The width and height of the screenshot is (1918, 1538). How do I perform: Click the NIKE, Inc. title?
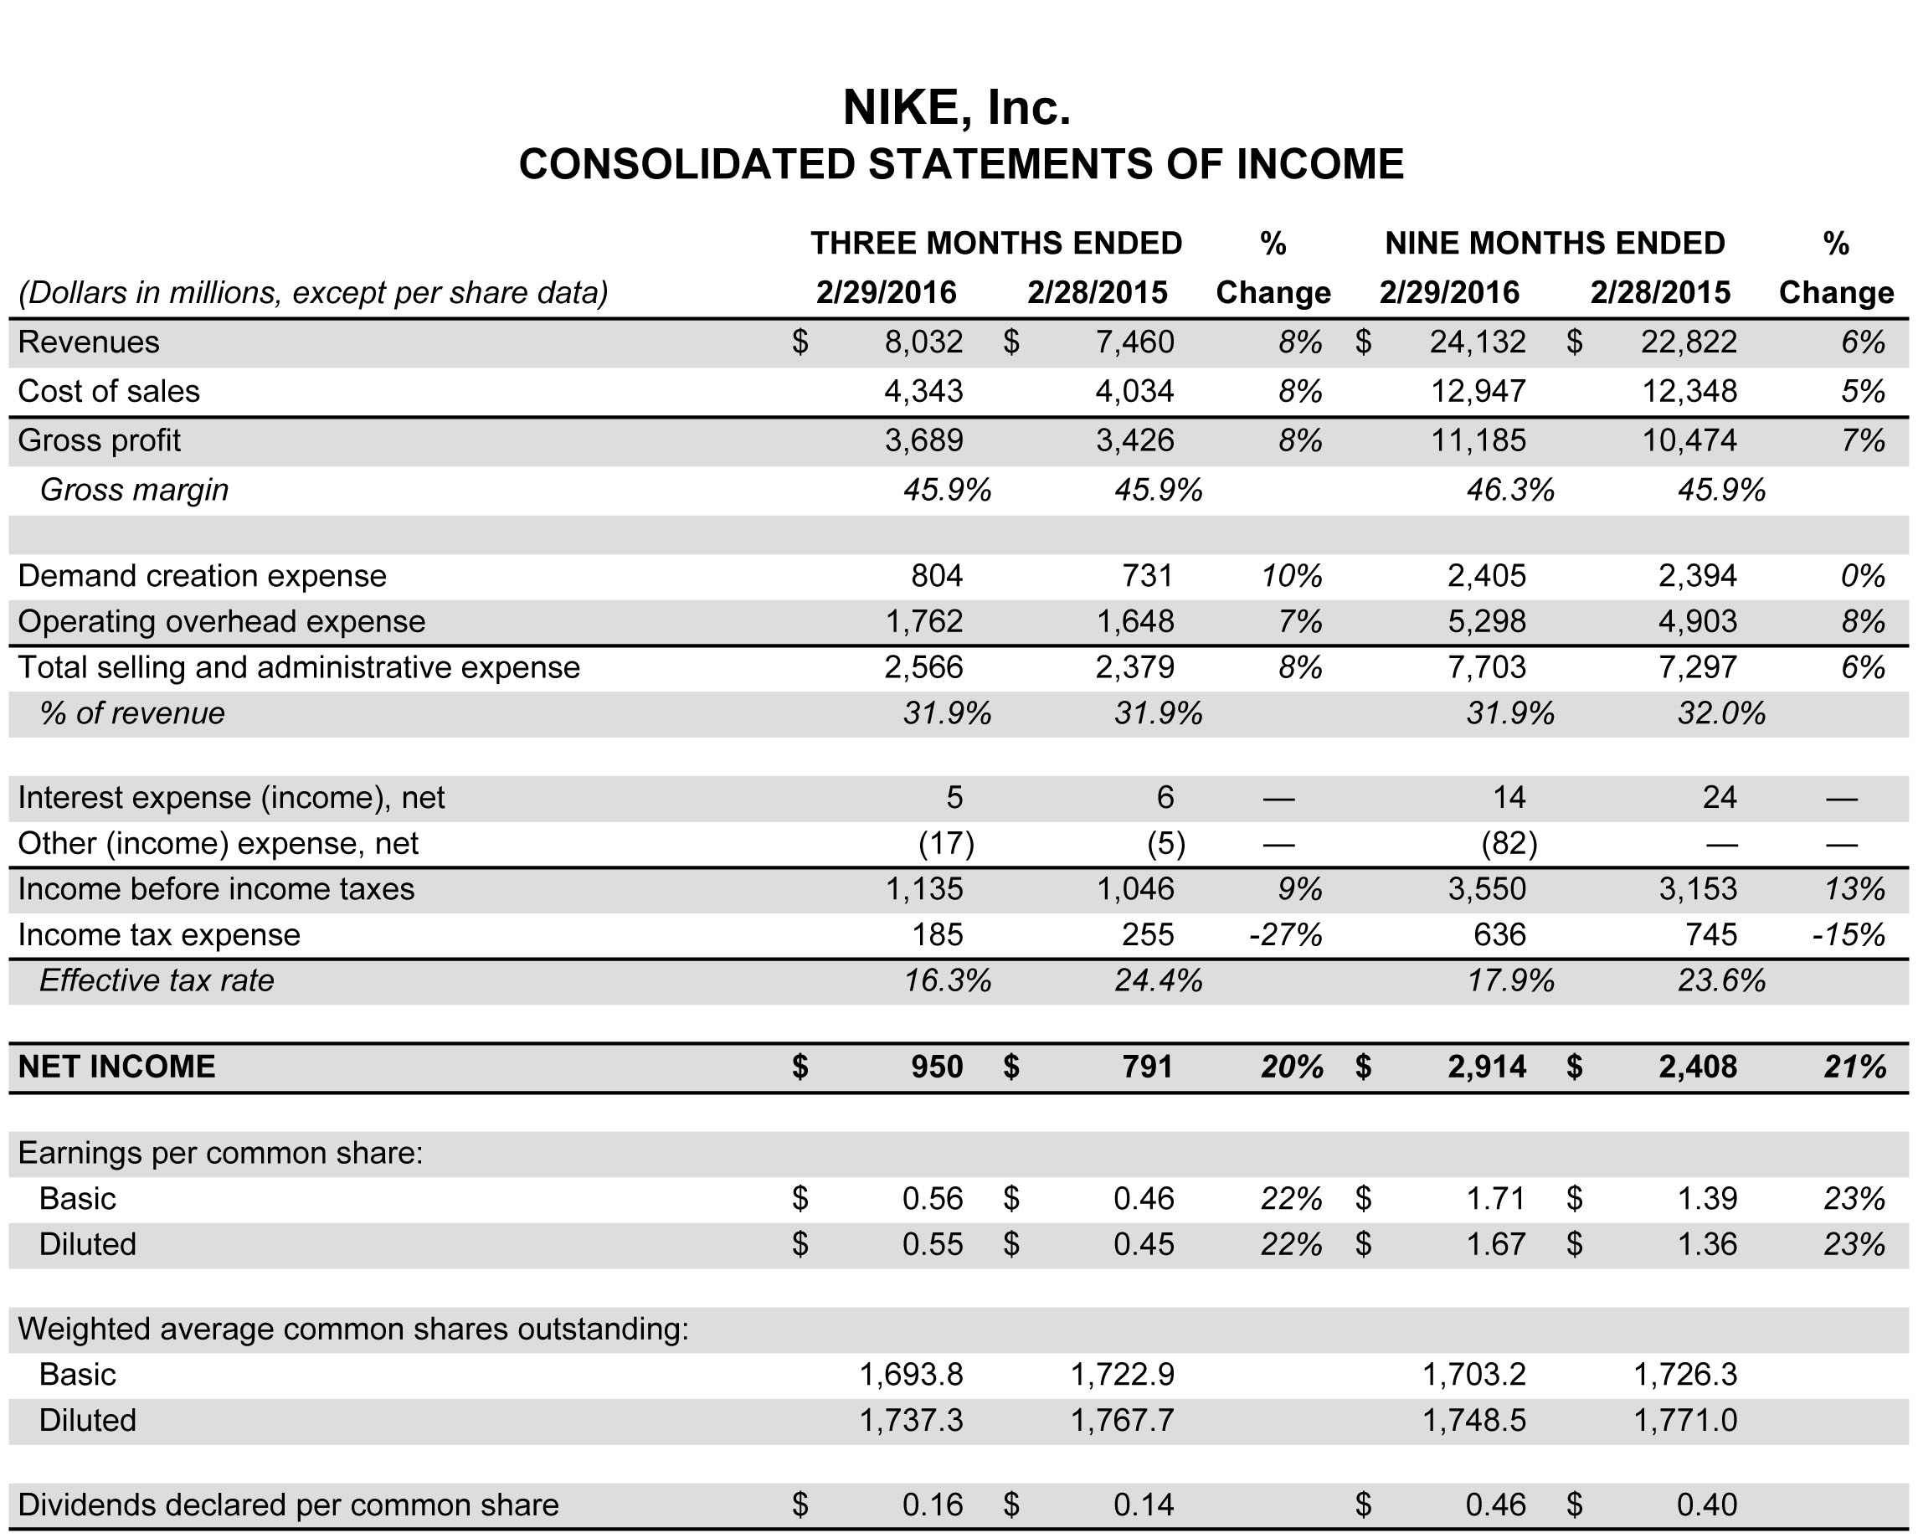click(956, 108)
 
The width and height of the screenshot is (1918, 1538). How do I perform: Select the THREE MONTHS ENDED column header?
click(995, 243)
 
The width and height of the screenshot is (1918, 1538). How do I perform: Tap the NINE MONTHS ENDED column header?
click(1554, 243)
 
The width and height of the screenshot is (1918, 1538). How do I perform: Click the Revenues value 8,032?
click(923, 342)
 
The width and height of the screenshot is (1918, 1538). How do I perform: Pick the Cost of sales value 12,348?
click(1689, 391)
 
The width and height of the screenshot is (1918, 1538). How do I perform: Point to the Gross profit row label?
click(99, 440)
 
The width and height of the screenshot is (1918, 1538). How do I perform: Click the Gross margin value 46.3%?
click(1509, 490)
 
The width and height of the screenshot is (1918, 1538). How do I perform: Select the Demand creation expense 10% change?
click(1291, 576)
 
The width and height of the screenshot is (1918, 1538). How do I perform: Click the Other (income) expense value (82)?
click(1509, 843)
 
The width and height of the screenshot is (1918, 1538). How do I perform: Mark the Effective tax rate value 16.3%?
click(947, 981)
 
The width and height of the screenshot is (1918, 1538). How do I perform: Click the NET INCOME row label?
click(116, 1067)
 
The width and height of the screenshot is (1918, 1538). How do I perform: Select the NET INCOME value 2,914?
click(1486, 1067)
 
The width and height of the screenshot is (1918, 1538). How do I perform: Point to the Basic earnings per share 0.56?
click(933, 1199)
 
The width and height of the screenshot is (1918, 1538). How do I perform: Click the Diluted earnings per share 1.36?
click(1706, 1244)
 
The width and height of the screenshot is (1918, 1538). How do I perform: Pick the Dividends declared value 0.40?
click(1706, 1505)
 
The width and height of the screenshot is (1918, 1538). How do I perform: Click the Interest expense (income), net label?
click(231, 798)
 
